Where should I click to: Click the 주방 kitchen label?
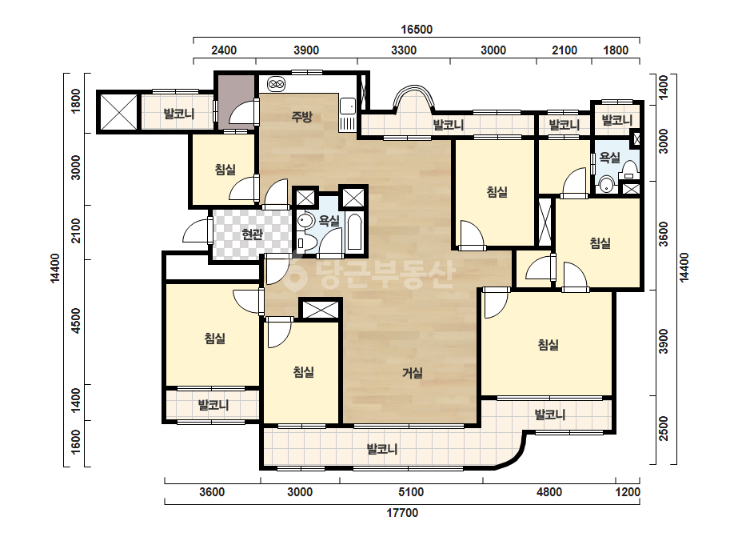tap(301, 116)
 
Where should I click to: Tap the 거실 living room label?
tap(413, 373)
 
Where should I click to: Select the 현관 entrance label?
tap(252, 233)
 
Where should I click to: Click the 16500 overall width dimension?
tap(417, 30)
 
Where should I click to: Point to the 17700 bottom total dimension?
tap(402, 513)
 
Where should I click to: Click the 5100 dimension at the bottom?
tap(411, 492)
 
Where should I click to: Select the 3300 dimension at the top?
tap(404, 50)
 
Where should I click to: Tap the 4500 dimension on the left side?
tap(76, 320)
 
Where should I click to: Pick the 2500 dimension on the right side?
tap(663, 428)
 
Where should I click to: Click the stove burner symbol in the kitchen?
tap(277, 84)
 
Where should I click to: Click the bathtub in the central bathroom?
tap(354, 232)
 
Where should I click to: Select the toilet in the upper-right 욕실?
tap(629, 170)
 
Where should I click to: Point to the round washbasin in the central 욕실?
tap(305, 221)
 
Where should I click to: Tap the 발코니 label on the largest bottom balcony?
tap(382, 449)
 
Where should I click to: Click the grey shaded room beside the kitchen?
tap(235, 100)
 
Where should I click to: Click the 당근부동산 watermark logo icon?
tap(295, 274)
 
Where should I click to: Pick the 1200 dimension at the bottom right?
tap(628, 492)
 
